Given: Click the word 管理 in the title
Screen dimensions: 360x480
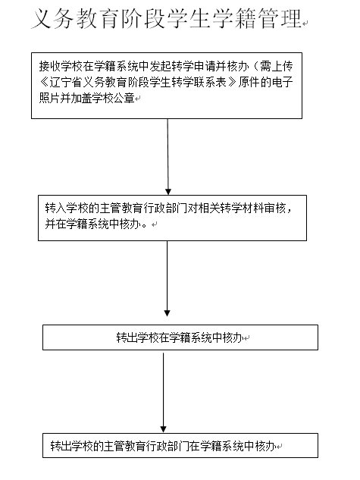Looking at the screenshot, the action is (x=280, y=18).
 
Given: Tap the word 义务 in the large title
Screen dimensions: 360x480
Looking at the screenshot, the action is (x=52, y=18).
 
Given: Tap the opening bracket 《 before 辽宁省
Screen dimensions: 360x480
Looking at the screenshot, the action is (x=45, y=83).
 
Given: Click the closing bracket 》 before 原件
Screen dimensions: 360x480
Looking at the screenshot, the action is (x=232, y=83).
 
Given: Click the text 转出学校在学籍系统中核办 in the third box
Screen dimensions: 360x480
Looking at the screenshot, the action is (x=180, y=337).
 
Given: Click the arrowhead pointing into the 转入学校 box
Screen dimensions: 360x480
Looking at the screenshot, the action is (x=168, y=192).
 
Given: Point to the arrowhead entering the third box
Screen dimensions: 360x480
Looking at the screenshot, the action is (x=167, y=313).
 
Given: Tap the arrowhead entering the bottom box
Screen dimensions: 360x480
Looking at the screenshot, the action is (x=164, y=429).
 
